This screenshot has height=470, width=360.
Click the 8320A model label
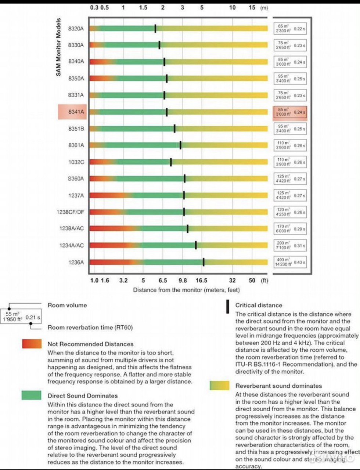pos(76,28)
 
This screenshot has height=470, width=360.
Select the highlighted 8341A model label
pos(76,112)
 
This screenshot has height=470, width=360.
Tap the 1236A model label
pos(76,262)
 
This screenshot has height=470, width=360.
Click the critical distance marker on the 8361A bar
pos(180,145)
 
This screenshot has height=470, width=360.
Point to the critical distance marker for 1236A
pos(204,262)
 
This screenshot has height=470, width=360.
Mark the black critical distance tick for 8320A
pos(155,28)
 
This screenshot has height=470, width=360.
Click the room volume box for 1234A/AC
pos(290,246)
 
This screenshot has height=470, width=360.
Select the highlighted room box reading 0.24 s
pos(290,112)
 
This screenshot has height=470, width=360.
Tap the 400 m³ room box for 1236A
pos(290,262)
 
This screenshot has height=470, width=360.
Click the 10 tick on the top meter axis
pos(232,7)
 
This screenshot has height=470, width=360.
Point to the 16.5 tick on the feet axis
pos(202,281)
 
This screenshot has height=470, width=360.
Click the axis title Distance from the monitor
pos(186,290)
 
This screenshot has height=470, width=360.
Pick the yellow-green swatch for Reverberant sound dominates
pos(219,385)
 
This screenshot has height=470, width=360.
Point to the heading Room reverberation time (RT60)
pos(90,327)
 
